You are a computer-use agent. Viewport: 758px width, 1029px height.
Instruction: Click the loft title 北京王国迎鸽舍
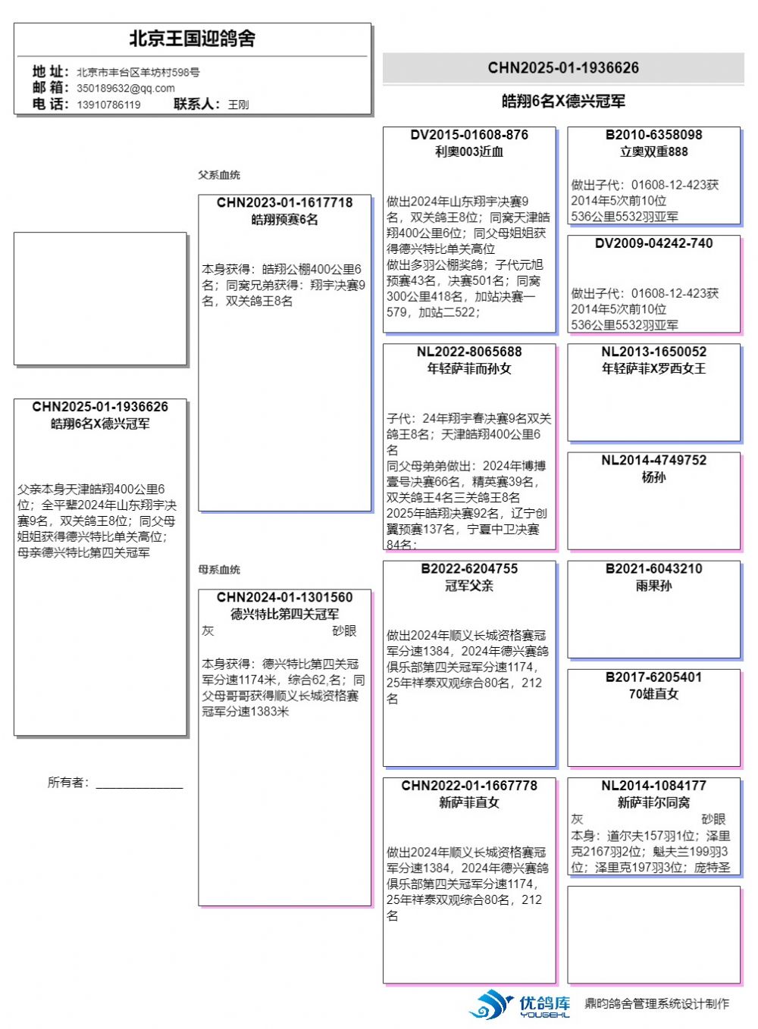[192, 39]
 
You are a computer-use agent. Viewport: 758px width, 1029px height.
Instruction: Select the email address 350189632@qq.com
[126, 88]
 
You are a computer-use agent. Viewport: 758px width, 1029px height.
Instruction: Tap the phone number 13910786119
[108, 105]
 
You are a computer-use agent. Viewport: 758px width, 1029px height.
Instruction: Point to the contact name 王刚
[238, 105]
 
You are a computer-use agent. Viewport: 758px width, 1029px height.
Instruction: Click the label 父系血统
[219, 175]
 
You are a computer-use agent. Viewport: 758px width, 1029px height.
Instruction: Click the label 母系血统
[219, 570]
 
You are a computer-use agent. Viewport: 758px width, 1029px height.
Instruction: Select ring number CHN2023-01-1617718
[284, 203]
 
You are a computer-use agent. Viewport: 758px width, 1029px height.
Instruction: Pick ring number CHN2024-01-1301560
[284, 598]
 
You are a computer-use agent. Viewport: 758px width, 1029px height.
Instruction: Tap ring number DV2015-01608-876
[469, 135]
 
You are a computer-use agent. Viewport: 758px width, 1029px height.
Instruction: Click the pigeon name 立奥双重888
[653, 152]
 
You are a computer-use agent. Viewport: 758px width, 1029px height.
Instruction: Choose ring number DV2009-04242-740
[653, 243]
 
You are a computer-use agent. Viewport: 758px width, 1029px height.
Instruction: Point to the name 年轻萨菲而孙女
[469, 369]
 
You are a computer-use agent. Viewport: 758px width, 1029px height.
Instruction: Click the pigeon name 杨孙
[653, 477]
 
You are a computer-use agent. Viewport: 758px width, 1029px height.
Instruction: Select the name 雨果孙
[653, 586]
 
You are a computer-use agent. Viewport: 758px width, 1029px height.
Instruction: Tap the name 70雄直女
[653, 694]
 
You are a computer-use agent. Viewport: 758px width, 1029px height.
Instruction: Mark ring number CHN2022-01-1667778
[469, 786]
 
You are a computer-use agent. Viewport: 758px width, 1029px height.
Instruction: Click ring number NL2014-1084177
[653, 786]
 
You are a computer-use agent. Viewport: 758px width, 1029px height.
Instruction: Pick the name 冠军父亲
[469, 586]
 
